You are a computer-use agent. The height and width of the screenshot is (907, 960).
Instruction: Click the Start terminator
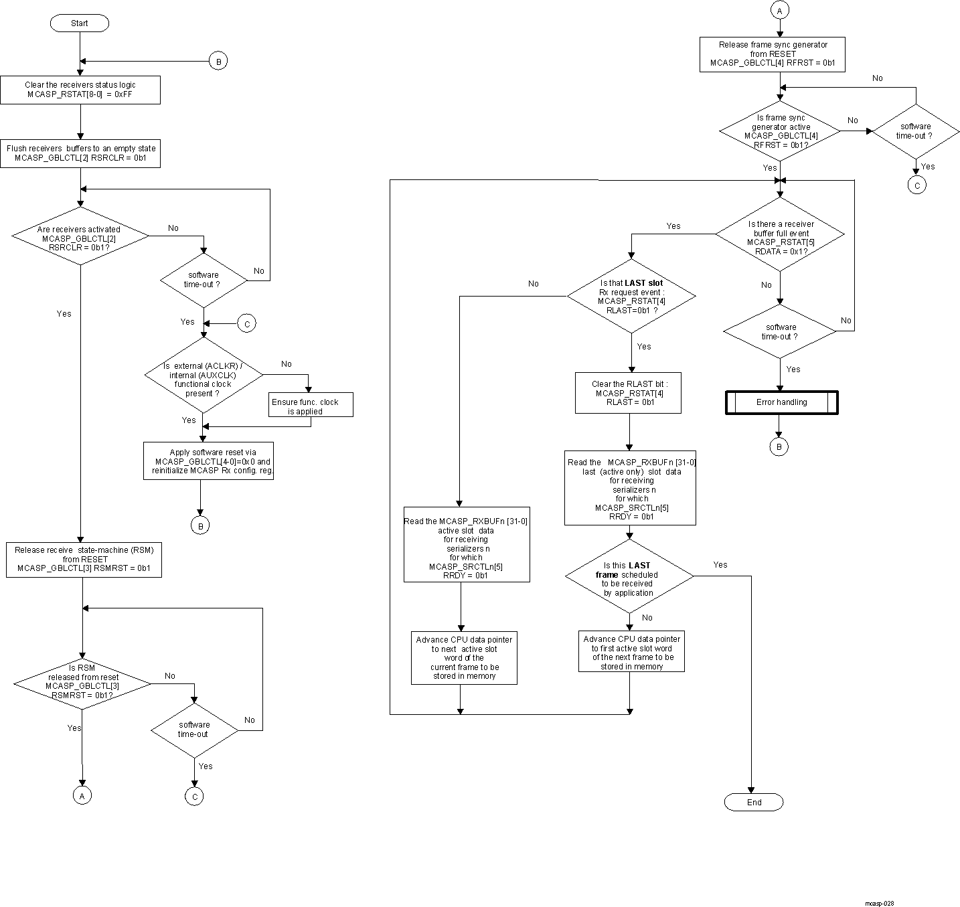[79, 23]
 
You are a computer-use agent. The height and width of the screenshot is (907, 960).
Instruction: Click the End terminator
[754, 803]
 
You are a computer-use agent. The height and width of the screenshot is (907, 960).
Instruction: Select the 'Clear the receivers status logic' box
[80, 90]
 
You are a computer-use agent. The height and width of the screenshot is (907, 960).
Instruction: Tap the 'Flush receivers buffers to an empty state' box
[80, 153]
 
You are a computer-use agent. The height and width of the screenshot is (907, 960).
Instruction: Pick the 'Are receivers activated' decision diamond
[80, 238]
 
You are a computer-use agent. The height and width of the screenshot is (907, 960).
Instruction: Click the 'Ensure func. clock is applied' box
[311, 406]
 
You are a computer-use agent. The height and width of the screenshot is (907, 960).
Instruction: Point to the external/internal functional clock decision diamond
[204, 379]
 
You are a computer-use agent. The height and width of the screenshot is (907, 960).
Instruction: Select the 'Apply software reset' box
[209, 461]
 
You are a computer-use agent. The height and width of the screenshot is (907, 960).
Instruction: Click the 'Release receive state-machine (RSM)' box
[84, 560]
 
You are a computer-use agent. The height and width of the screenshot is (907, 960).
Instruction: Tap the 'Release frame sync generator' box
[773, 54]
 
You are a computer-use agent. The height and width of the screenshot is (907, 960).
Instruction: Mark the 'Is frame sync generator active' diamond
[780, 131]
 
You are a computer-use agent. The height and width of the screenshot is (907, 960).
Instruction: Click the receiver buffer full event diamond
[780, 234]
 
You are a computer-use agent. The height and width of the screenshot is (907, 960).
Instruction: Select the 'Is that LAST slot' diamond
[631, 297]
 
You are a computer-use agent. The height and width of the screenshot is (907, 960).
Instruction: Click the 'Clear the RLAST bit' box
[629, 393]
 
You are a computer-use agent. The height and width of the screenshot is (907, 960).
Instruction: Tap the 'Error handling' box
[781, 402]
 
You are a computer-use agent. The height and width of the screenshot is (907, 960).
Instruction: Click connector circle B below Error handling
[779, 446]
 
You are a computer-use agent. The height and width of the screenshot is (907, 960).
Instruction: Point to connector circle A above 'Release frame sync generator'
[779, 10]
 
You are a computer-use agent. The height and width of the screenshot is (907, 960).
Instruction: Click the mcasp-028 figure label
[878, 903]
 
